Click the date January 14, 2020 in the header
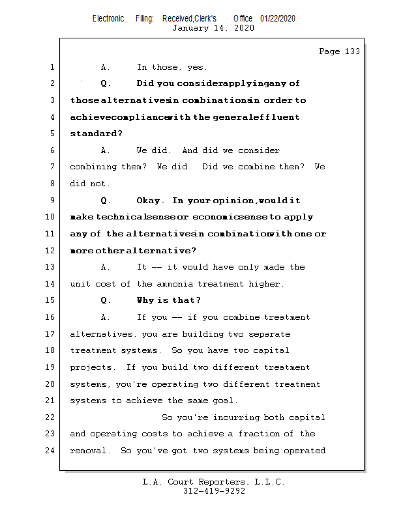pos(213,28)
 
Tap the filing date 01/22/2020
pos(278,19)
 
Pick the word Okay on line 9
pos(150,201)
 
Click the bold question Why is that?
pos(168,300)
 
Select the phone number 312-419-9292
pos(214,491)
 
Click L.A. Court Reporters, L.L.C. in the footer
pos(213,482)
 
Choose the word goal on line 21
pos(226,401)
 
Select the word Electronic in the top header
pos(108,19)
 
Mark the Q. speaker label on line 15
pos(106,300)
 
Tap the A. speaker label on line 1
pos(106,67)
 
